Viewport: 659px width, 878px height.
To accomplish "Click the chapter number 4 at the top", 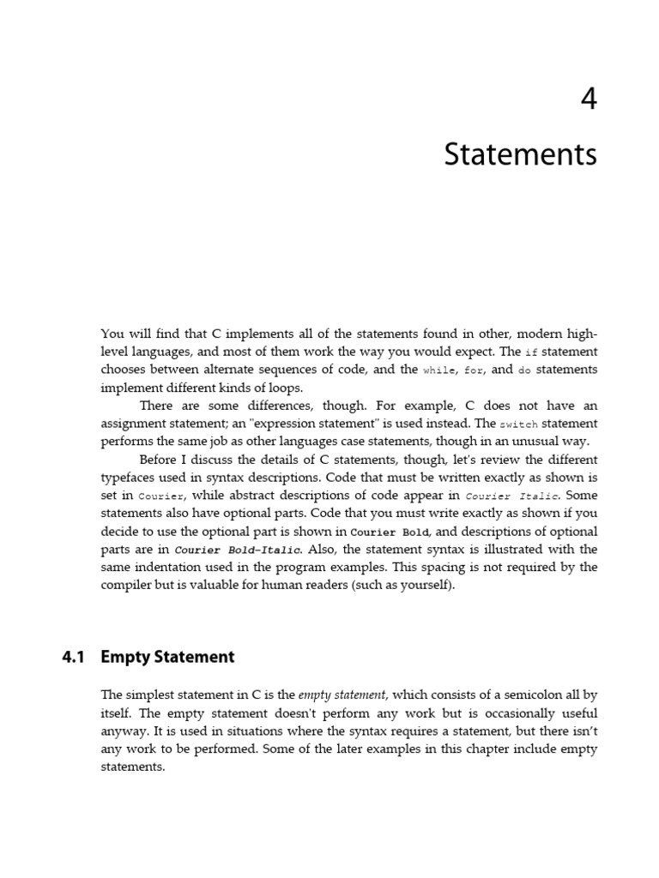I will click(588, 99).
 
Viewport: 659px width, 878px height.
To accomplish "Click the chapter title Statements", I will click(520, 155).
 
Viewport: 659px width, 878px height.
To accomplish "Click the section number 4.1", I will click(75, 658).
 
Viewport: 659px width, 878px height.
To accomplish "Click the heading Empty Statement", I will click(167, 658).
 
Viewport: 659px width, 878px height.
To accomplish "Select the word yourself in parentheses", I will click(423, 586).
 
